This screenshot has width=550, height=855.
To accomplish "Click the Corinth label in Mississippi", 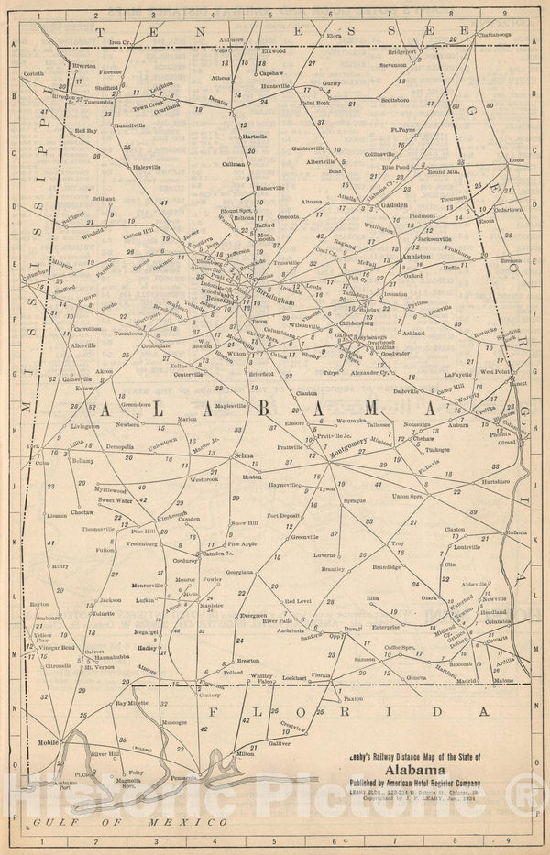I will click(x=34, y=72).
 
